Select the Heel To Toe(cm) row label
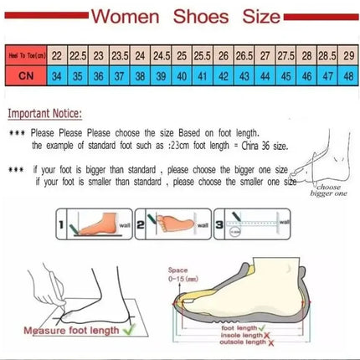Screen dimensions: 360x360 21,54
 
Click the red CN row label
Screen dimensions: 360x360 21,75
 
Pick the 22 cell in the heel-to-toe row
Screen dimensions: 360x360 57,54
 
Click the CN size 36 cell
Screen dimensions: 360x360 97,75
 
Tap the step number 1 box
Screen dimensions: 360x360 65,224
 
